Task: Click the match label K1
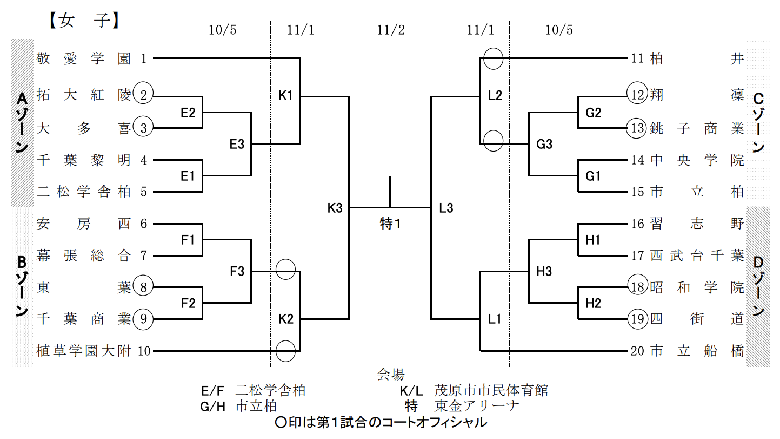[x=285, y=96]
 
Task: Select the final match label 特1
[x=390, y=224]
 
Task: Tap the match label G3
[x=544, y=145]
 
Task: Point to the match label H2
[x=593, y=303]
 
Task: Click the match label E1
[x=188, y=176]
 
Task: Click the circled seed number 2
[x=144, y=96]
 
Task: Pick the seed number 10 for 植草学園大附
[x=144, y=351]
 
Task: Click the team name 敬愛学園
[x=84, y=58]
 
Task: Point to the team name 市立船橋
[x=697, y=351]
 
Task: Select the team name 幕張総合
[x=84, y=255]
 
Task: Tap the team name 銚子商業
[x=697, y=128]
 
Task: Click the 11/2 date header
[x=390, y=30]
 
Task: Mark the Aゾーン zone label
[x=22, y=122]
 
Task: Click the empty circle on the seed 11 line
[x=493, y=58]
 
